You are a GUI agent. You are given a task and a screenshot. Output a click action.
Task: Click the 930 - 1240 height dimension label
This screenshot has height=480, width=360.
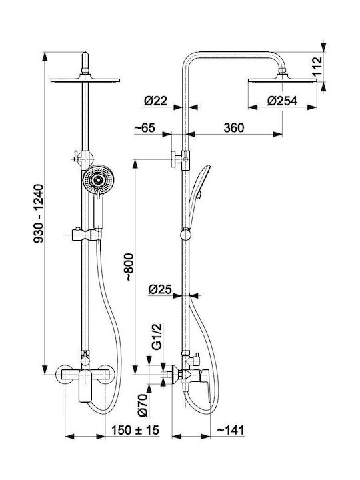[x=39, y=213]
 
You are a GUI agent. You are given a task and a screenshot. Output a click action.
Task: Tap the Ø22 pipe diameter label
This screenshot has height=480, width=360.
[x=156, y=101]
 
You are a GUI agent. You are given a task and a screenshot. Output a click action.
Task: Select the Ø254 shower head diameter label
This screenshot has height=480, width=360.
[x=282, y=101]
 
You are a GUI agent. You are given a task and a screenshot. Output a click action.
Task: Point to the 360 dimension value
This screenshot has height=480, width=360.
[x=234, y=127]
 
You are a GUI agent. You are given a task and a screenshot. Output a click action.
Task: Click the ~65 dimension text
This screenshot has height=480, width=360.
[x=145, y=127]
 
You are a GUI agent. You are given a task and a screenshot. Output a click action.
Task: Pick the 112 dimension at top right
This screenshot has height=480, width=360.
[x=317, y=66]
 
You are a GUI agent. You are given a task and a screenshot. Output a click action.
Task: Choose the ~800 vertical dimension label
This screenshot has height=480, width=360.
[x=129, y=267]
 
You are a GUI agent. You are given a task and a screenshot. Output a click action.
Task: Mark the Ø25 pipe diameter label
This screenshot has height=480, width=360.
[x=160, y=289]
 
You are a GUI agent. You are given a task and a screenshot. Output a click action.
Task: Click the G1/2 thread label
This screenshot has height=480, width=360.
[x=157, y=337]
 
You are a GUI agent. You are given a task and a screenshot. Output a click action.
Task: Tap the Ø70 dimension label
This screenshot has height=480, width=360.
[x=143, y=405]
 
